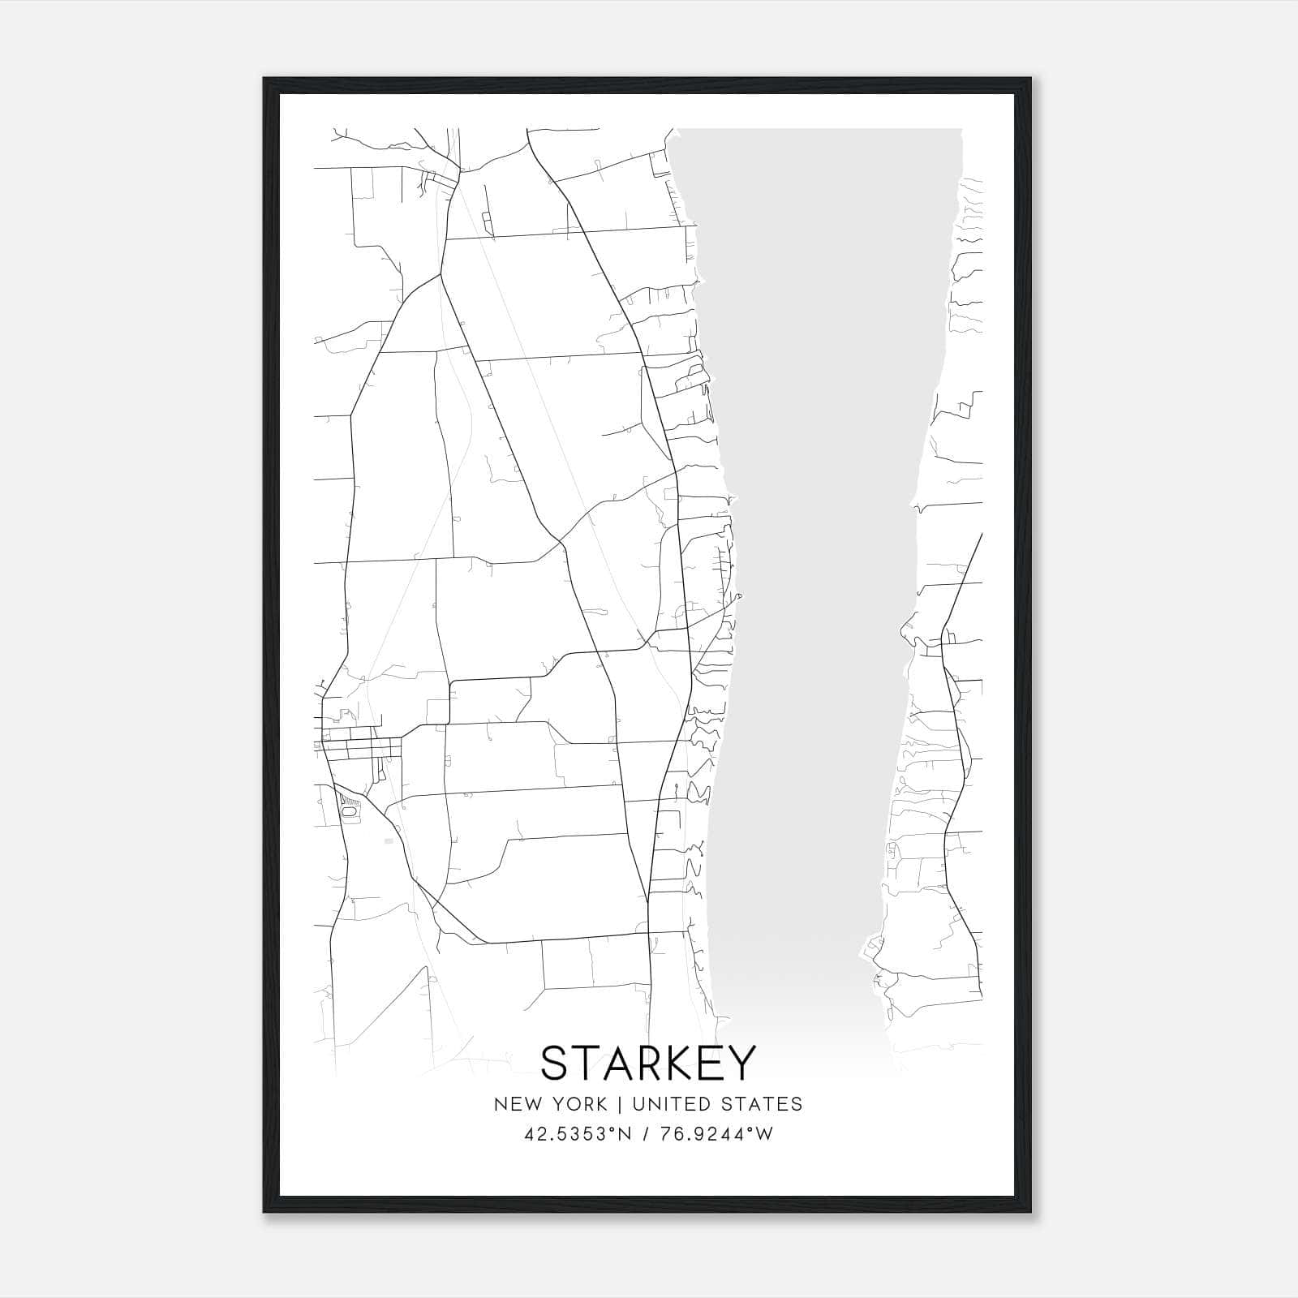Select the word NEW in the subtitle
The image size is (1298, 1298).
514,1104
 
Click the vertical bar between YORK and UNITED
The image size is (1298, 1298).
619,1104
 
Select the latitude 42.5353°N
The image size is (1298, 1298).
578,1134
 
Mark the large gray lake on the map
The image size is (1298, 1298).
819,568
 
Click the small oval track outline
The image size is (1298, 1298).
350,810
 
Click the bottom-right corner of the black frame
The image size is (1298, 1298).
1029,1212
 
